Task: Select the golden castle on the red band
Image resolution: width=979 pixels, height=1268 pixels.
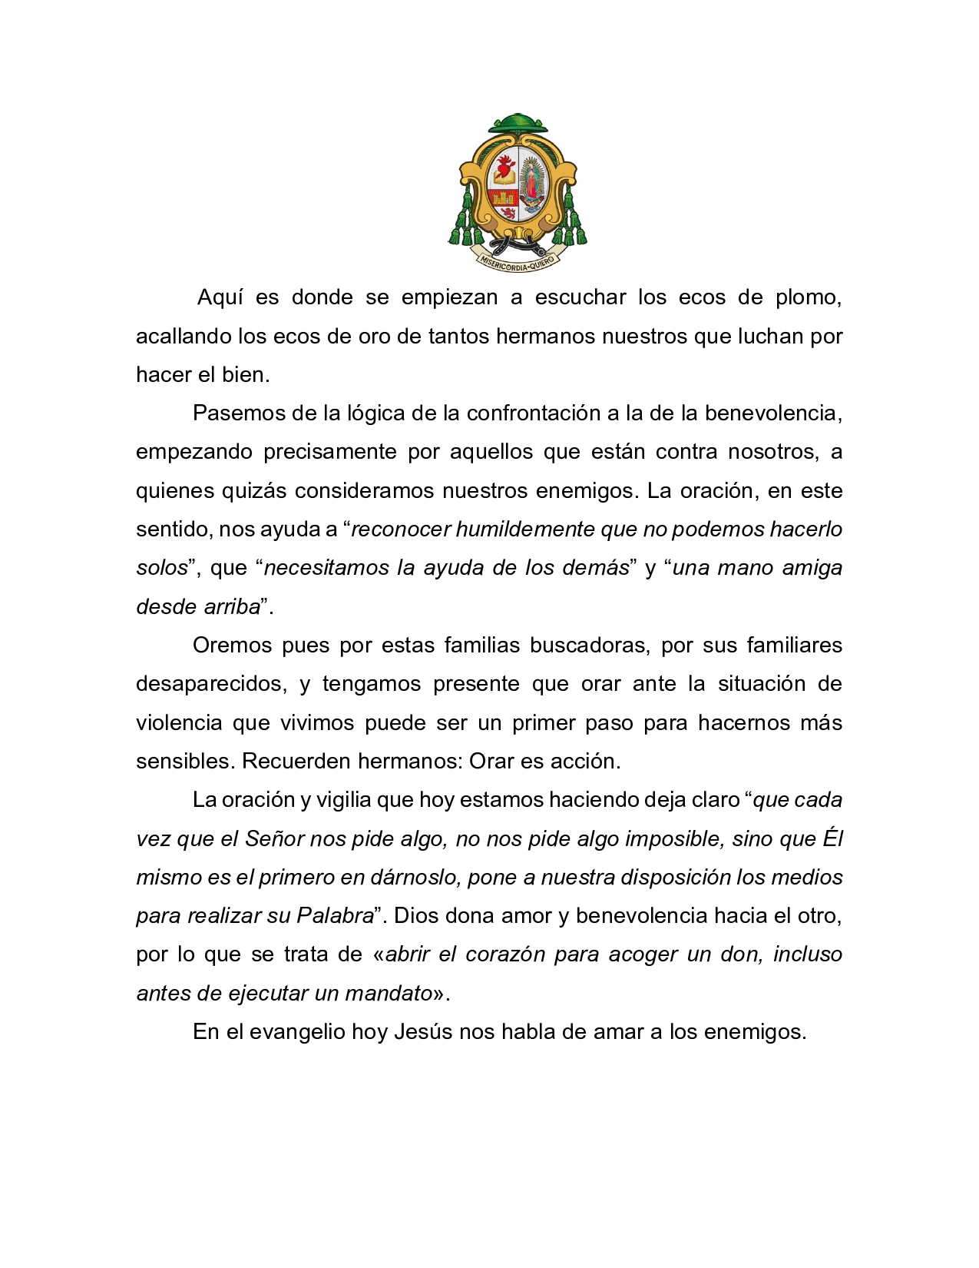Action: tap(504, 198)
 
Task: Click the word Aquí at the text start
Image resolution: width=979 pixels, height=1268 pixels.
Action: tap(220, 297)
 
